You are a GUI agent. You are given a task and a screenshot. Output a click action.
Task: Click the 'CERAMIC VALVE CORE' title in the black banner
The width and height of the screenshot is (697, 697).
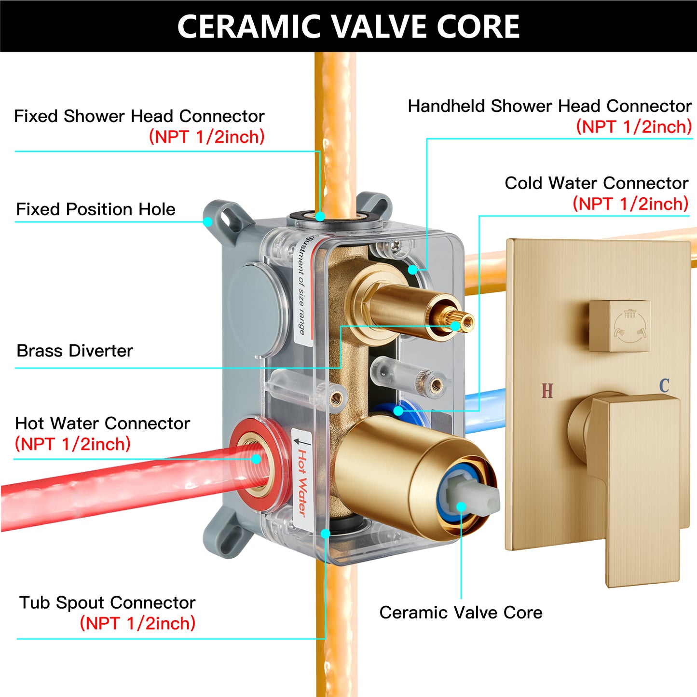(348, 26)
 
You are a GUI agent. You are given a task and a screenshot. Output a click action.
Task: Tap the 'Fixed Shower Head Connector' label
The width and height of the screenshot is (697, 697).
(139, 116)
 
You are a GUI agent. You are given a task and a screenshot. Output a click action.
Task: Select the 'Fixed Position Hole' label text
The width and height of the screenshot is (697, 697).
(96, 209)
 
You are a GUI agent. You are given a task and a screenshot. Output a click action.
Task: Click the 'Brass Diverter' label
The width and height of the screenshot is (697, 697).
(75, 351)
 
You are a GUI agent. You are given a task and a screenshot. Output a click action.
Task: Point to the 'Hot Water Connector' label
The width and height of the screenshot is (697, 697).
(102, 423)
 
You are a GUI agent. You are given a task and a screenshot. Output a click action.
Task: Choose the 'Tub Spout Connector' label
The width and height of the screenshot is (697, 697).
(108, 602)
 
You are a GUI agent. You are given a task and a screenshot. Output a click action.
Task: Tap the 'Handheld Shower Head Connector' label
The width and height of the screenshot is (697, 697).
(550, 106)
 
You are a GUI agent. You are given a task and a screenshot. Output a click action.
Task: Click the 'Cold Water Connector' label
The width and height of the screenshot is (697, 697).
(597, 183)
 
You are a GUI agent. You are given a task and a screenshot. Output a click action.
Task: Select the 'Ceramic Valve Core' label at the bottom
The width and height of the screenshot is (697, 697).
(461, 613)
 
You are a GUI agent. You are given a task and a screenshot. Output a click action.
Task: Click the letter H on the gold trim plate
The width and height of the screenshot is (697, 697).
(547, 391)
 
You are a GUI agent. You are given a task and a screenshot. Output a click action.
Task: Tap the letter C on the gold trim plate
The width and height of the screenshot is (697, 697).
(664, 385)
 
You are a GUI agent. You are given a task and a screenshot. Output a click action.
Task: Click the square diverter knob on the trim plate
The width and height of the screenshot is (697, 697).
(620, 326)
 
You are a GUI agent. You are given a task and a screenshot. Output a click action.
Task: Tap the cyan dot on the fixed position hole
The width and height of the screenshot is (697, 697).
(207, 221)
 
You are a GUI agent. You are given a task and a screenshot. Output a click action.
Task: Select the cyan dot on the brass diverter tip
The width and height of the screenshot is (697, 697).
(455, 326)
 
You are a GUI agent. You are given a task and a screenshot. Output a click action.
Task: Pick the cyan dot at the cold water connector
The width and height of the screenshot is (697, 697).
(398, 411)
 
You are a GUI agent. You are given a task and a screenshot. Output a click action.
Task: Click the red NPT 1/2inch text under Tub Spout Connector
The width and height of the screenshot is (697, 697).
(137, 623)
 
